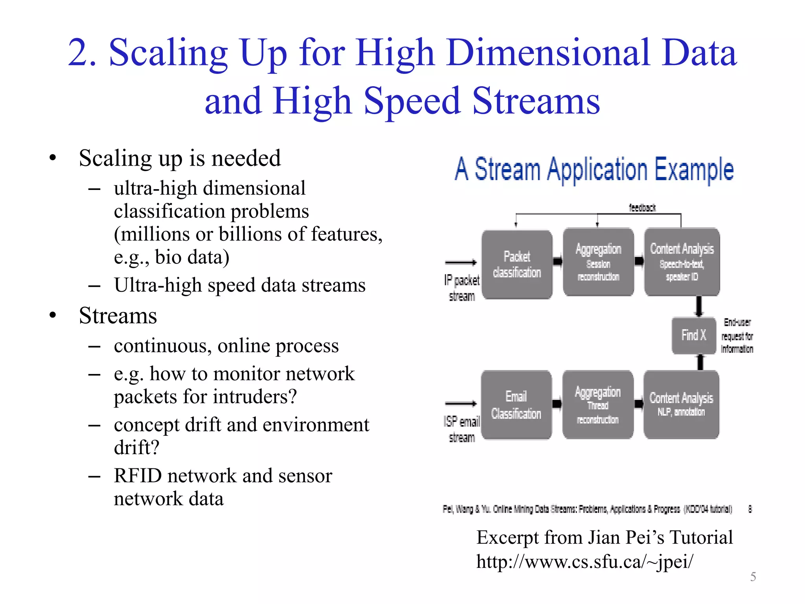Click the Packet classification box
pyautogui.click(x=517, y=264)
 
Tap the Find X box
pyautogui.click(x=693, y=335)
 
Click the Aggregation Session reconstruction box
pyautogui.click(x=598, y=262)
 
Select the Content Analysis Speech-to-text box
pyautogui.click(x=682, y=262)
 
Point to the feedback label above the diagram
pyautogui.click(x=642, y=208)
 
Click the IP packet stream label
pyautogui.click(x=462, y=288)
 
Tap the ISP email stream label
pyautogui.click(x=462, y=429)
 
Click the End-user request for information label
pyautogui.click(x=737, y=336)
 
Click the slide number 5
pyautogui.click(x=753, y=577)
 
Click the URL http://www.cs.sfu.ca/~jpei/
pyautogui.click(x=584, y=562)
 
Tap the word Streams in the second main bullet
pyautogui.click(x=118, y=316)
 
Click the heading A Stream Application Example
pyautogui.click(x=594, y=169)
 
